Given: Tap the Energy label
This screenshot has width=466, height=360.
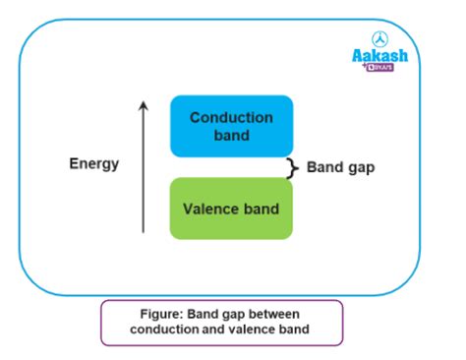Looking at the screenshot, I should tap(94, 164).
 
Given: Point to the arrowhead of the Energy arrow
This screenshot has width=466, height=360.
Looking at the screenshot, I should tap(144, 104).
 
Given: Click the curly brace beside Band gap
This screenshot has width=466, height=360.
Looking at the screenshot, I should tap(290, 168).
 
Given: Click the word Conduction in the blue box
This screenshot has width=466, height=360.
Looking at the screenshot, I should tap(231, 117).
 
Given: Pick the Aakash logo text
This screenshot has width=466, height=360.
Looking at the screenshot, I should tap(379, 57).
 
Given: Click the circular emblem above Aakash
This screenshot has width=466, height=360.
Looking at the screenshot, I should tap(379, 38).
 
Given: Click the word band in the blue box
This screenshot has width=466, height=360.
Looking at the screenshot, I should tap(231, 135).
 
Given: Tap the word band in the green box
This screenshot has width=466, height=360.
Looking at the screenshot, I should tap(262, 209).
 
